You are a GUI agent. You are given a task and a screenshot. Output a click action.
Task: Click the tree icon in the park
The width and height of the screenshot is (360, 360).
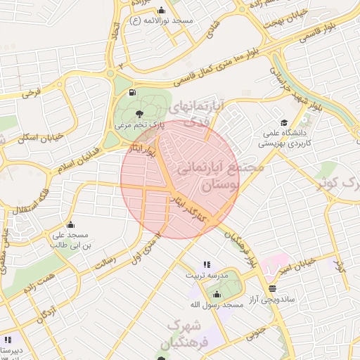139,112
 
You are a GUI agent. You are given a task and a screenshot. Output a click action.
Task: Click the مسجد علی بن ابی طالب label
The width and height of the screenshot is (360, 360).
69,240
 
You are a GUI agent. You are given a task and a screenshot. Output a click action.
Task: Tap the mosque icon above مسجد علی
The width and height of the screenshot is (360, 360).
69,225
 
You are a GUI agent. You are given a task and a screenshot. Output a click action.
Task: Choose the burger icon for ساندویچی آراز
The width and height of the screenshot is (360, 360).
272,288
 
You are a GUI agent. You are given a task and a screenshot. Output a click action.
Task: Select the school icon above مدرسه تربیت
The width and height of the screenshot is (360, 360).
206,264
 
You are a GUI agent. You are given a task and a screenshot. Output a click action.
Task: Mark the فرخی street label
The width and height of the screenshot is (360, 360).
31,92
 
